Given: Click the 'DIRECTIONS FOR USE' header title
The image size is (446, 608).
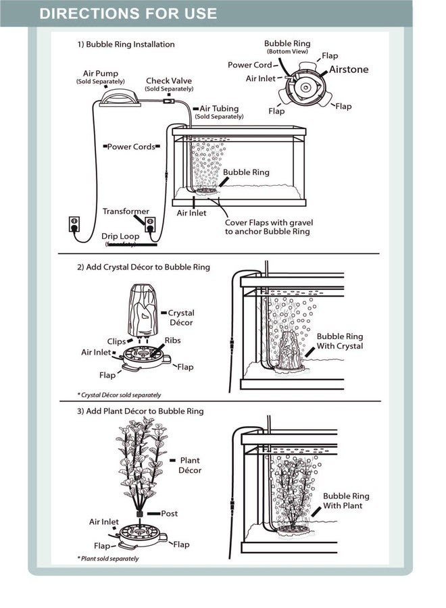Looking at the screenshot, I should coord(128,14).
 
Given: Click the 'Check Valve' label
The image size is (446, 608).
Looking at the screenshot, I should coord(169,81).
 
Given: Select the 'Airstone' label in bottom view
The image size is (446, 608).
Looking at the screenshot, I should coord(349,70).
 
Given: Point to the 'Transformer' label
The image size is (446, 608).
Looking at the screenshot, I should coord(126,211).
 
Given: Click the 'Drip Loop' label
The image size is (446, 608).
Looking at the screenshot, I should coord(120,236).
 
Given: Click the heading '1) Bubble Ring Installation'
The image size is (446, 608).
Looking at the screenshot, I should coord(126,45).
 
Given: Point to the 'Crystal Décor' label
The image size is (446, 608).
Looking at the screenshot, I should coord(180,318).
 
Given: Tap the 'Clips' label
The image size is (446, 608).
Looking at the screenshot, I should coord(116,342).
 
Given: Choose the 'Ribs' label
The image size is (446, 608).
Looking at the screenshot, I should coord(173,341).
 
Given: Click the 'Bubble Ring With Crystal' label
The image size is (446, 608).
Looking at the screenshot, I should coord(340,341).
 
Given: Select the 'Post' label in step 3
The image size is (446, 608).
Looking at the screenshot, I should coord(169,513).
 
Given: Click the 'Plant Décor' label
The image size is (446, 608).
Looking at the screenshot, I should coord(190,465).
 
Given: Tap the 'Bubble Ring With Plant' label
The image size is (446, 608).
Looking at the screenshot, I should coord(346,501).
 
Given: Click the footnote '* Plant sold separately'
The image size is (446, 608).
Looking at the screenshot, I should coord(108,559).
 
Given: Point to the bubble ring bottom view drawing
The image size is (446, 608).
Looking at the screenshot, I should coord(305,86).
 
